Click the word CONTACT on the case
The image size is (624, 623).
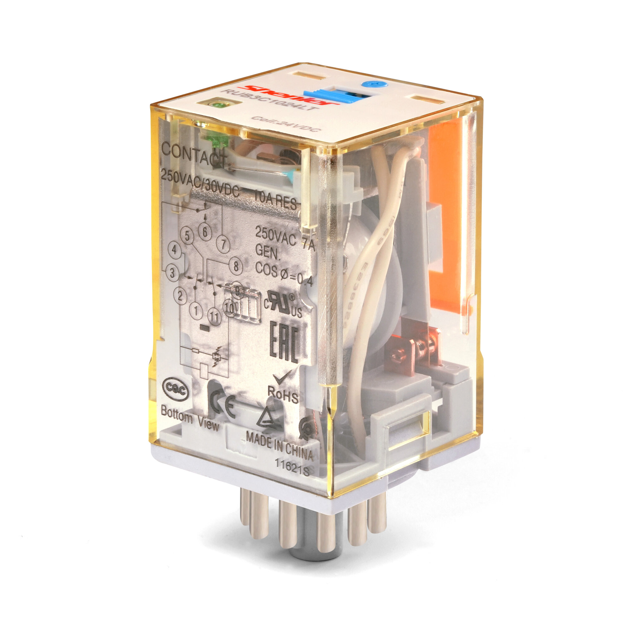pos(194,155)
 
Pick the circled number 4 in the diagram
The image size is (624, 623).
pos(175,250)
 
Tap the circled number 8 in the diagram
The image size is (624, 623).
pos(236,266)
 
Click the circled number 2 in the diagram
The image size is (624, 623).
pos(180,295)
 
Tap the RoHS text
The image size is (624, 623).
pos(283,395)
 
